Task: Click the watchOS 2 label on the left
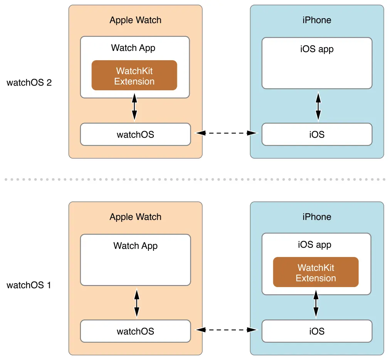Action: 29,83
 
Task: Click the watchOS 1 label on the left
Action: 29,285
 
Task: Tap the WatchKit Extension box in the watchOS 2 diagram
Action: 134,75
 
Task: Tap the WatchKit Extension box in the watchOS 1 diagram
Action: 316,272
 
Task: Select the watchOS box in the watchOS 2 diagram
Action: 136,134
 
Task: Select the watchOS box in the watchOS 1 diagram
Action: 136,331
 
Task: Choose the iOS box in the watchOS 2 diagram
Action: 317,134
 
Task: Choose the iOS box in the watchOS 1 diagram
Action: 317,331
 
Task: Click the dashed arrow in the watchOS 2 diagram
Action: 226,133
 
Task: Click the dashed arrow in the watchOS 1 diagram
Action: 226,330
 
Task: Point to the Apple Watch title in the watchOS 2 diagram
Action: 136,20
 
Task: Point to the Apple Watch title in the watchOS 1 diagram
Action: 136,217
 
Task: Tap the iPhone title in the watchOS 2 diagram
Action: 317,20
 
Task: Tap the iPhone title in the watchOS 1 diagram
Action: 317,217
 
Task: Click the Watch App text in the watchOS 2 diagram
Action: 133,48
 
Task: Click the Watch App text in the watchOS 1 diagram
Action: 136,246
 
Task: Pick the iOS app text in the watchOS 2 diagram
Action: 317,49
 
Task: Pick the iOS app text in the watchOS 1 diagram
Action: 314,245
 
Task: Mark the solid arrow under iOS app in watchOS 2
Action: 318,106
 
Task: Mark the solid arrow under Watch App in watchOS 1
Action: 137,303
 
